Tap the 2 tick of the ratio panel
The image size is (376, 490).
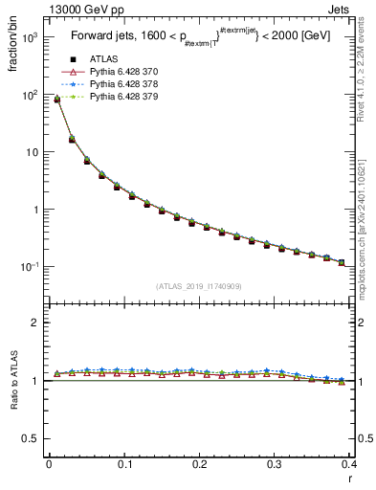(34, 323)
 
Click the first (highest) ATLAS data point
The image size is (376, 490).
(56, 99)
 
